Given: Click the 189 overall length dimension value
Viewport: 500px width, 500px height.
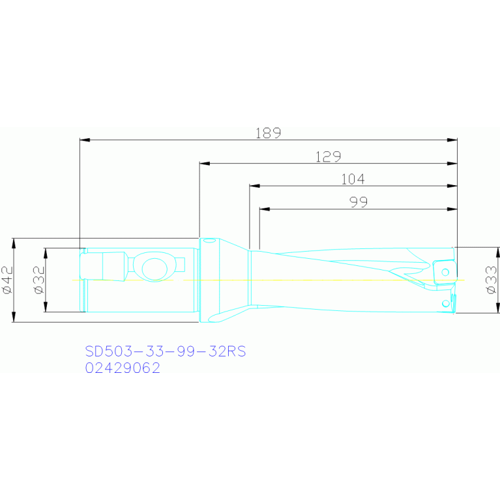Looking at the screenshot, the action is (x=268, y=133).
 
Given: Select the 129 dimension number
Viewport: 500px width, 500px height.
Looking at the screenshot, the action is (x=328, y=156).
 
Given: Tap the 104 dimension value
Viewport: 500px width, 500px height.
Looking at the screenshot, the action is (x=353, y=179).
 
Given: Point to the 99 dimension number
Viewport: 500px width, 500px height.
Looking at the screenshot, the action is (x=359, y=202).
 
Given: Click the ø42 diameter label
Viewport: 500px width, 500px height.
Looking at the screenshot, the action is (x=8, y=280).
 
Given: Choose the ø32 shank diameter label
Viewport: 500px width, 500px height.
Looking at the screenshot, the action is (x=39, y=280).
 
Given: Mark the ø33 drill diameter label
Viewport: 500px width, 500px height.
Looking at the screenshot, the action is (x=491, y=280).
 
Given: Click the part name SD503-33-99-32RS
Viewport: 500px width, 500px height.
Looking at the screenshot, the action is (x=166, y=351).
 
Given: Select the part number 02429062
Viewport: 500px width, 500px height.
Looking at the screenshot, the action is (x=123, y=368).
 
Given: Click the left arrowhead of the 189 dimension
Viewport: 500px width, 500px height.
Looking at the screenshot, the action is (x=85, y=140).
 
